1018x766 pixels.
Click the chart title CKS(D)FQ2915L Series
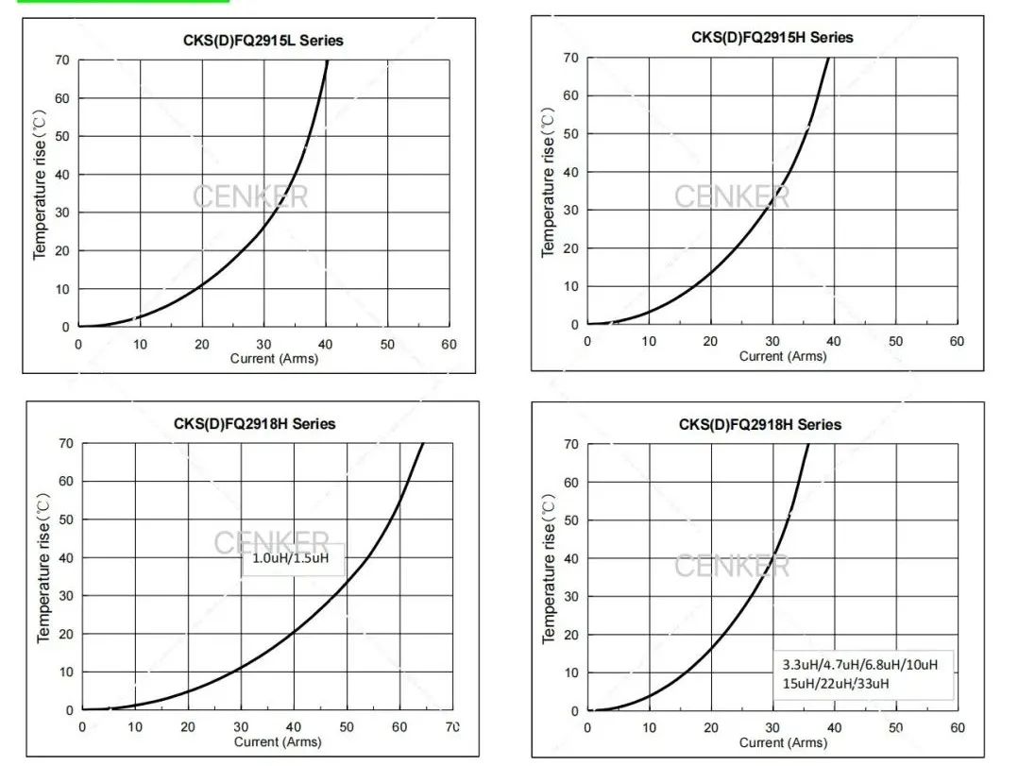click(263, 41)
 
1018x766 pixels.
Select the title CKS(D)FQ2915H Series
click(772, 38)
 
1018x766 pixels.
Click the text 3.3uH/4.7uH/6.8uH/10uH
click(859, 665)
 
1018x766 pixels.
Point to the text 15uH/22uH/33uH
click(835, 683)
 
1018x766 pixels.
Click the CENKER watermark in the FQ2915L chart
click(250, 197)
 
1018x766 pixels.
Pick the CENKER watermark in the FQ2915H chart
click(732, 196)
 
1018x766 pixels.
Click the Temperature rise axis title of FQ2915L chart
click(40, 184)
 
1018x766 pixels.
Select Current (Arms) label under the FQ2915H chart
click(782, 356)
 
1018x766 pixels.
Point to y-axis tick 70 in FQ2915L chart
click(61, 60)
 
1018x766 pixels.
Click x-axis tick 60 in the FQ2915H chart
click(957, 341)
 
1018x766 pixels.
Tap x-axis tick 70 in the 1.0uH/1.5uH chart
click(452, 726)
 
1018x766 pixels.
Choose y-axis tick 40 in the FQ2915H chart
click(570, 172)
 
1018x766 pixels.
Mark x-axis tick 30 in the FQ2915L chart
click(263, 345)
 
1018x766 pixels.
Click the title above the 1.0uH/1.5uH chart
click(254, 424)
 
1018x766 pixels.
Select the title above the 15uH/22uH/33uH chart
click(759, 425)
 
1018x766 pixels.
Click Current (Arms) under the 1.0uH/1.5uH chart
click(278, 741)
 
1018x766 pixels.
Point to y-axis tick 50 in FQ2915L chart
click(61, 136)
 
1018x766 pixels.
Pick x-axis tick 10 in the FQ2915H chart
click(649, 341)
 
